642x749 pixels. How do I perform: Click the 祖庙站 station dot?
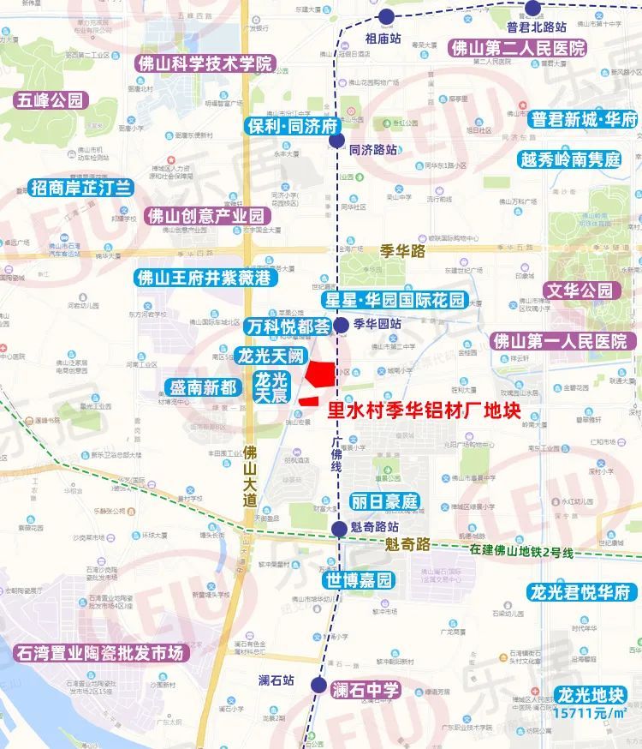pyautogui.click(x=387, y=15)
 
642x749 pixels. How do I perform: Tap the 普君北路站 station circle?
pyautogui.click(x=532, y=9)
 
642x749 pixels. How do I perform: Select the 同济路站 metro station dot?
pyautogui.click(x=337, y=141)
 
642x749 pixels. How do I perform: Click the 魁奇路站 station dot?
pyautogui.click(x=340, y=529)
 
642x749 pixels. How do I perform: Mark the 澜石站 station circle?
pyautogui.click(x=318, y=685)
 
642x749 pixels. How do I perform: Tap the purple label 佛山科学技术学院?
pyautogui.click(x=204, y=63)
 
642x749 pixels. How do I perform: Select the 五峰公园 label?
pyautogui.click(x=52, y=100)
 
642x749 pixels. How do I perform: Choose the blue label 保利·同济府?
pyautogui.click(x=291, y=123)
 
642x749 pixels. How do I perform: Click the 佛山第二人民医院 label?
pyautogui.click(x=518, y=48)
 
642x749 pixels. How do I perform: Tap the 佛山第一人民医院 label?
pyautogui.click(x=560, y=341)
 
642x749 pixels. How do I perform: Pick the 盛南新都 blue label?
pyautogui.click(x=203, y=386)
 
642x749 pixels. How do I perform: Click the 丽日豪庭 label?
pyautogui.click(x=384, y=502)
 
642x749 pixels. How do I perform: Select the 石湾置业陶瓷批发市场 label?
pyautogui.click(x=100, y=653)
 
